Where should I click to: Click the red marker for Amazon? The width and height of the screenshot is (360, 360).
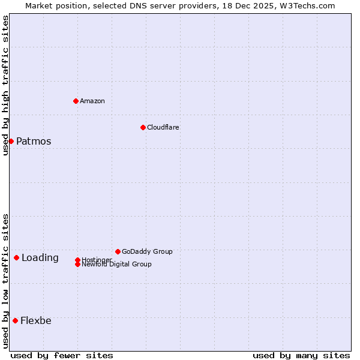coord(76,101)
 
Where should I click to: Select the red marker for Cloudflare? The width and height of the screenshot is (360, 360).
coord(143,127)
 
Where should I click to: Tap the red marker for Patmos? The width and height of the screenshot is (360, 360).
coord(11,141)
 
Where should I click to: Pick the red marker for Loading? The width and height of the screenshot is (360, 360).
coord(16,257)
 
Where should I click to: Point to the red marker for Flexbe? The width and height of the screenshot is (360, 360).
coord(15,320)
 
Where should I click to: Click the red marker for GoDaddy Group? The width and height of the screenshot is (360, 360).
coord(118,251)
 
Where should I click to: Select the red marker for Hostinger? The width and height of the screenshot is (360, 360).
coord(77,260)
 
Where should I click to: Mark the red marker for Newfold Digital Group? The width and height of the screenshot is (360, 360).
coord(77,264)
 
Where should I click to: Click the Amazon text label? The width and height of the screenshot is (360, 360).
coord(92,101)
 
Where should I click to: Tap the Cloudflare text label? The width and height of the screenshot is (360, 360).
coord(163,128)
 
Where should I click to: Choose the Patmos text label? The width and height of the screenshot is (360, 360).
coord(34,142)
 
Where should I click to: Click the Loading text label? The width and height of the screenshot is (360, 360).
coord(40,258)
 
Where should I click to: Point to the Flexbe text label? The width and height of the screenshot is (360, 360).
coord(36,321)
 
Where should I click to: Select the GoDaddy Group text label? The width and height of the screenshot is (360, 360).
coord(147,252)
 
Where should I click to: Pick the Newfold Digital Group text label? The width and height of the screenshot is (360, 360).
coord(117,265)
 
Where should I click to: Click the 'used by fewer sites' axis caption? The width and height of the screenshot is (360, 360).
coord(62,356)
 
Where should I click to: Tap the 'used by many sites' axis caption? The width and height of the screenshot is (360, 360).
coord(301,356)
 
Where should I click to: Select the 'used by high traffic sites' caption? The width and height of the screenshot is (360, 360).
coord(5,85)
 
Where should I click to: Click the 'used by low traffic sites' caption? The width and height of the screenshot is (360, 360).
coord(5,281)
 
